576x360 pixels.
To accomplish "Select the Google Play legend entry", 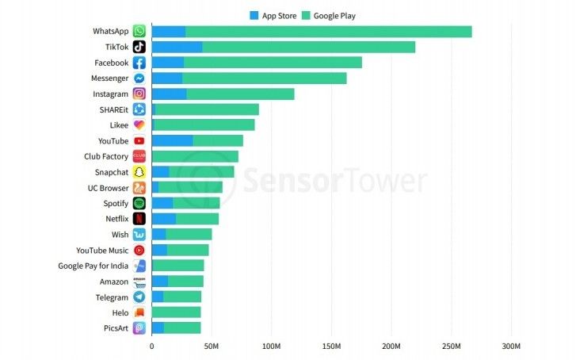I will (x=334, y=15).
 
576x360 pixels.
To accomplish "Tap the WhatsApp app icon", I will (x=139, y=32).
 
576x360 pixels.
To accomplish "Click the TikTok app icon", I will (x=139, y=47).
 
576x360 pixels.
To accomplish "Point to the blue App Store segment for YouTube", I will (x=172, y=140).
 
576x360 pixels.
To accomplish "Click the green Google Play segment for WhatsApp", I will (x=329, y=32).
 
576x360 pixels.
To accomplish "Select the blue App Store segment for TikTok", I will (x=177, y=47).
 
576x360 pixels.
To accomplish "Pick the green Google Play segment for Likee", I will (x=204, y=125).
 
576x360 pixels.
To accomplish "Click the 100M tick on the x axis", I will (x=271, y=347).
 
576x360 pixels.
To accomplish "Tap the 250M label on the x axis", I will (x=451, y=347).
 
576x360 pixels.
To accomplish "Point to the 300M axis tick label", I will (x=511, y=347).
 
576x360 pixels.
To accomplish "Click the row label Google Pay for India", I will (x=93, y=266).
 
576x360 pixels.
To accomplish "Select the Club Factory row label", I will (x=106, y=156).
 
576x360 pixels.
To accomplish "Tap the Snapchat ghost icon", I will (x=139, y=172).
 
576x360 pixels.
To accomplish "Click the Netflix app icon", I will (x=139, y=219).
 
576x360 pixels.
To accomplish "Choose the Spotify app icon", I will (x=139, y=203).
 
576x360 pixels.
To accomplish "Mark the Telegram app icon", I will (x=139, y=297).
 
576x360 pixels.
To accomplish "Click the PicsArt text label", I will (x=115, y=328).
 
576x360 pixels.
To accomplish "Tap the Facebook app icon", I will (x=139, y=63).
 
